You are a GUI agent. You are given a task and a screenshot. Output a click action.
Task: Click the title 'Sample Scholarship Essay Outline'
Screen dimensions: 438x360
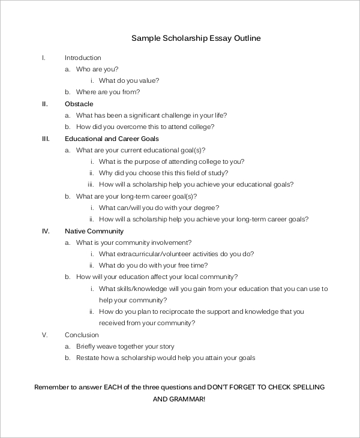pos(196,38)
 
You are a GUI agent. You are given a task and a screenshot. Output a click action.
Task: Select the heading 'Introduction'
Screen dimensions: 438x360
pos(83,58)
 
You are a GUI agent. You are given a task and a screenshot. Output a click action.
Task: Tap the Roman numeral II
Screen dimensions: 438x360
pos(44,104)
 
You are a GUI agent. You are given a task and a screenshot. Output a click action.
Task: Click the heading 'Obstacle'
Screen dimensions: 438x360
pos(79,104)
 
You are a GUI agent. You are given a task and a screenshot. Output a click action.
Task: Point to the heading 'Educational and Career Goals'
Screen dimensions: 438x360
pos(112,139)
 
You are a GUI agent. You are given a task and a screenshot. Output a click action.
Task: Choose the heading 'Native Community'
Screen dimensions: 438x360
pos(94,231)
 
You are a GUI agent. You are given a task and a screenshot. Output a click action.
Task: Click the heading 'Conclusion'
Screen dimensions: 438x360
pos(82,335)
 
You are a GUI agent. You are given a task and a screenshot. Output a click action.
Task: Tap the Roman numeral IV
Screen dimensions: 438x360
pos(45,231)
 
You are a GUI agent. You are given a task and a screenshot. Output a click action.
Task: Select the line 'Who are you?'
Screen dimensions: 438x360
pos(97,69)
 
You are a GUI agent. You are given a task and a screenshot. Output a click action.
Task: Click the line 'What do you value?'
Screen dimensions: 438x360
pos(129,81)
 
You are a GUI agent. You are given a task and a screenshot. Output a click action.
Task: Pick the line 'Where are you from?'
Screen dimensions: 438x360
pos(108,92)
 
